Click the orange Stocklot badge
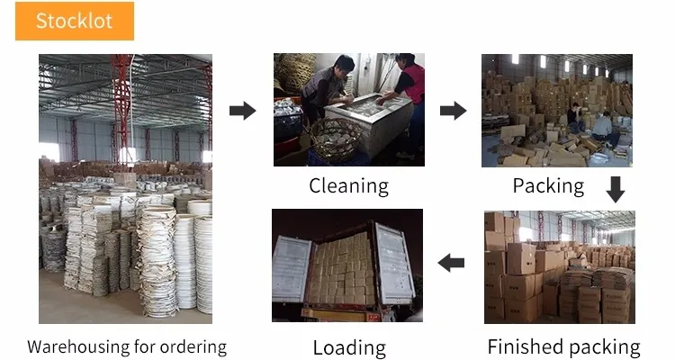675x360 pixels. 75,21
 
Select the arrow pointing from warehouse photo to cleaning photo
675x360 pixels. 242,111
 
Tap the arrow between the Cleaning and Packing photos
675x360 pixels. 453,111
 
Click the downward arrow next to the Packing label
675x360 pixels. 615,190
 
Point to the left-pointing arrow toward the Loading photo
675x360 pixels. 451,263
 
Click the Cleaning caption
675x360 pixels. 348,186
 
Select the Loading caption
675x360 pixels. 348,347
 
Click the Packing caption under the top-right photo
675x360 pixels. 548,186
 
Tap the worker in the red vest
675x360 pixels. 409,90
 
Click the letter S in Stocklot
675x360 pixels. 41,21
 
